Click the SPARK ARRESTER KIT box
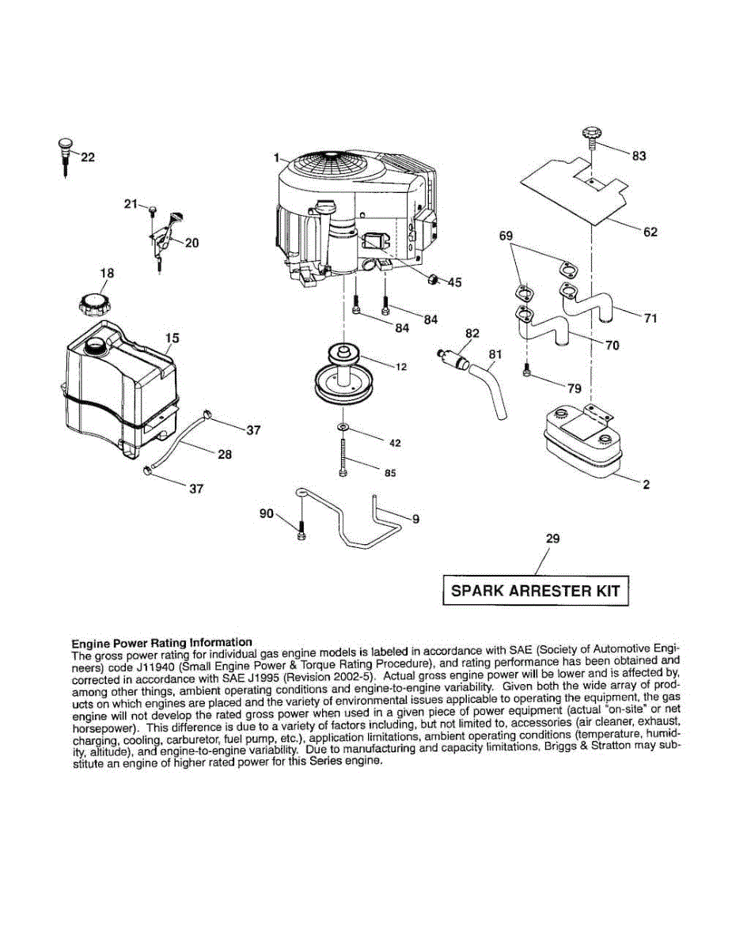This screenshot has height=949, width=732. click(535, 590)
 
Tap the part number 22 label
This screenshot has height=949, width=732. click(87, 157)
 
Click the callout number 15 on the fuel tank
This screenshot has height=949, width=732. click(172, 338)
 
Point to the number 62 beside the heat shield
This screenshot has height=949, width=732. click(650, 233)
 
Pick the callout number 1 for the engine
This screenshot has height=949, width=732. click(279, 158)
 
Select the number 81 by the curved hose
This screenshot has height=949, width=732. click(495, 354)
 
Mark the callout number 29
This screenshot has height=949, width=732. click(553, 539)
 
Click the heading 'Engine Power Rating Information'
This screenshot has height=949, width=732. click(161, 642)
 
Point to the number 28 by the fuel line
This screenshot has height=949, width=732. click(224, 455)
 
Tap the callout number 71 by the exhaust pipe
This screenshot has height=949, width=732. click(650, 319)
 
